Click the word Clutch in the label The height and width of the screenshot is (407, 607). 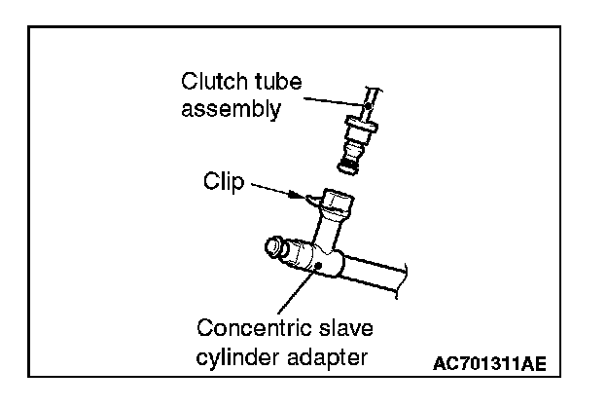coord(207,81)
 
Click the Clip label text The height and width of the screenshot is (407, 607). coord(224,181)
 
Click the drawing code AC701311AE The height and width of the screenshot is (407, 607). coord(489,365)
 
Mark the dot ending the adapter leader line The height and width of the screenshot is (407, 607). coord(317,265)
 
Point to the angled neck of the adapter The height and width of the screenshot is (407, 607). coord(329,234)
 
